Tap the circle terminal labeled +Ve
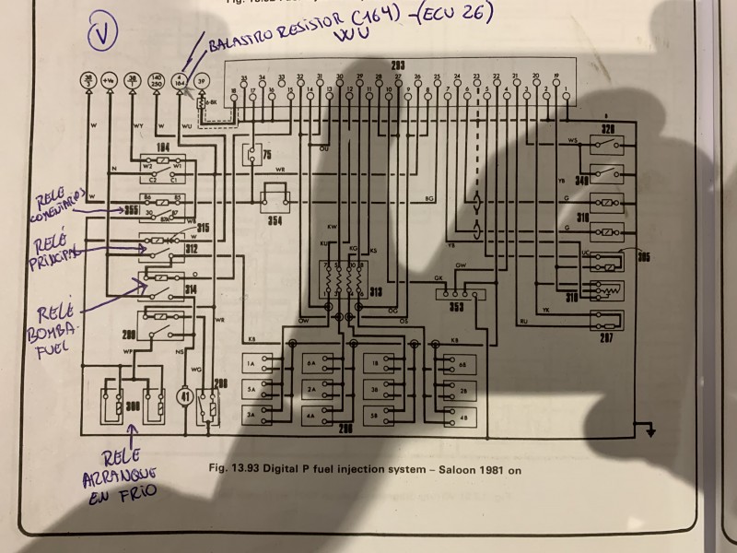(x=110, y=81)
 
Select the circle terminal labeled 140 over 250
(x=157, y=81)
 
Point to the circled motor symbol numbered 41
(x=185, y=397)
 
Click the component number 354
(x=274, y=221)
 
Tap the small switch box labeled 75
(x=252, y=154)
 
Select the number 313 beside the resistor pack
(x=376, y=293)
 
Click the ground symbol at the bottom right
(x=650, y=429)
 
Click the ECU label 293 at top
(x=398, y=65)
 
